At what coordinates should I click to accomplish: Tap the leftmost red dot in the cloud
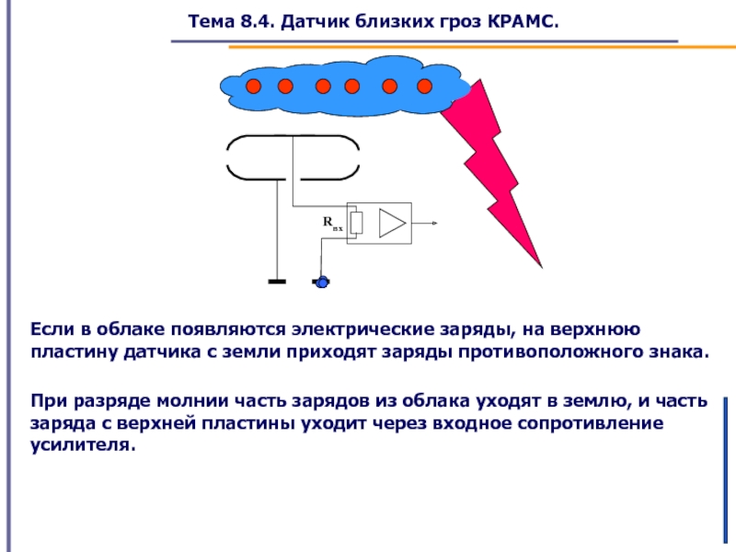[x=254, y=86]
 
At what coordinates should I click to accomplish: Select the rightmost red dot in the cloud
[x=424, y=86]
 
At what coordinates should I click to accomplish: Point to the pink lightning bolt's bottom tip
[x=542, y=268]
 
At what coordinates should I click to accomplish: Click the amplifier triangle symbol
[x=392, y=223]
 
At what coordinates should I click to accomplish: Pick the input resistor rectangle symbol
[x=357, y=223]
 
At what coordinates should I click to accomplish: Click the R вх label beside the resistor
[x=333, y=223]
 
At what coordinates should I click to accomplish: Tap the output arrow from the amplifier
[x=425, y=223]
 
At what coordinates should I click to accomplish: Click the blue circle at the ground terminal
[x=322, y=282]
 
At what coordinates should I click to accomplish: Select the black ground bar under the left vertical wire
[x=277, y=282]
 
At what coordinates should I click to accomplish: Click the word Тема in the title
[x=212, y=21]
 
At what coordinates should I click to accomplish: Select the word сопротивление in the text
[x=591, y=423]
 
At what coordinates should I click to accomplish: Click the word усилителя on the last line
[x=83, y=445]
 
